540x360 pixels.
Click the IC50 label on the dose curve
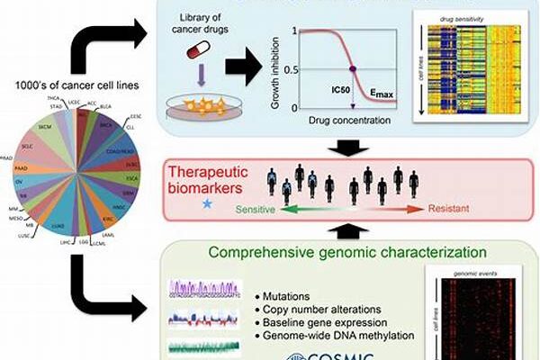[339, 90]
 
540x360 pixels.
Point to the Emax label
[382, 93]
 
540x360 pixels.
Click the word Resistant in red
[448, 208]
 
